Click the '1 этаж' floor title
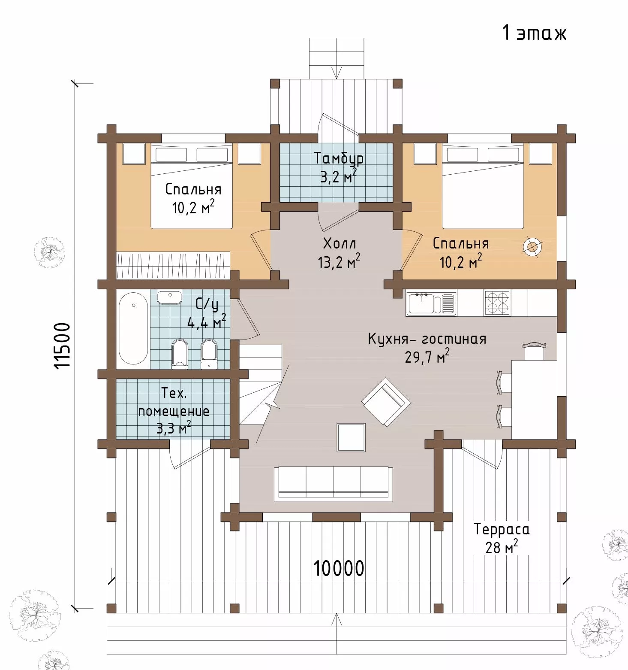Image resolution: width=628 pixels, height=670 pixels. (534, 33)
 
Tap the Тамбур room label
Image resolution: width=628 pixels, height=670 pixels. (339, 158)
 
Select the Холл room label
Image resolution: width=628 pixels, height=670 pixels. (339, 243)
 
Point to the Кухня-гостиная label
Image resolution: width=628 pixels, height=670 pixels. (427, 339)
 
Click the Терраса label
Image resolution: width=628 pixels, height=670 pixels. (502, 529)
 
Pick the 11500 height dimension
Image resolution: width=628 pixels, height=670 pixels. (63, 346)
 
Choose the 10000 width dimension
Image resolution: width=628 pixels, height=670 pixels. (339, 568)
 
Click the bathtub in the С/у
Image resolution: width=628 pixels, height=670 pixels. (133, 329)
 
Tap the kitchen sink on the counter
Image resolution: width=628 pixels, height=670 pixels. (431, 303)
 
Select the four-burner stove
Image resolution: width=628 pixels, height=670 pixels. (497, 303)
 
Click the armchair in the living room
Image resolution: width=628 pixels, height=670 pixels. (386, 402)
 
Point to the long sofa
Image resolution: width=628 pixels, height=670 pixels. (333, 483)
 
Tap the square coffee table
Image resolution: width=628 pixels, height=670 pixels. (351, 437)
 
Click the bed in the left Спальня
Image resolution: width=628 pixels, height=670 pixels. (192, 187)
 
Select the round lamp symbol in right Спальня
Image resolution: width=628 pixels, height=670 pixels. (532, 247)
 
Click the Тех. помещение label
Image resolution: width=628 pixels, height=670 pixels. (174, 402)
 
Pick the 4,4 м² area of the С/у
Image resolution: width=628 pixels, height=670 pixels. (207, 321)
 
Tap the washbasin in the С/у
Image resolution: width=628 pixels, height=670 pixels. (170, 297)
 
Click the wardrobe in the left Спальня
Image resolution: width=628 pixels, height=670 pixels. (173, 265)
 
